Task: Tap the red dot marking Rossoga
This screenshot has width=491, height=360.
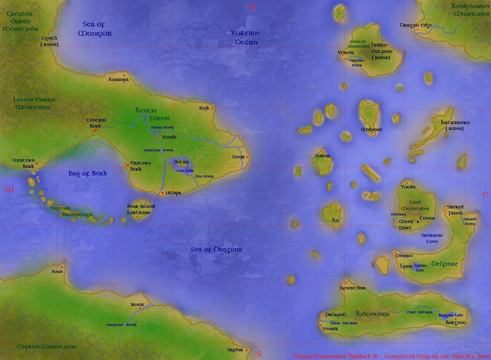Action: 124,75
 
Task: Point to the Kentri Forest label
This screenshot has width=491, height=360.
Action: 153,114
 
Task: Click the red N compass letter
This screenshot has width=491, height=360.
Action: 252,7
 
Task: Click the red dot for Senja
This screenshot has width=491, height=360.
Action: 247,157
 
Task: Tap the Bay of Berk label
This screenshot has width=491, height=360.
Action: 88,173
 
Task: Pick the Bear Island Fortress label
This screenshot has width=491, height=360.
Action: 141,210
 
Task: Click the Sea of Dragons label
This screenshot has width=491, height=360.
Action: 216,250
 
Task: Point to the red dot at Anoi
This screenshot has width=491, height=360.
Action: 61,266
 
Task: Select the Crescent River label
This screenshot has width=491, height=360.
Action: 121,325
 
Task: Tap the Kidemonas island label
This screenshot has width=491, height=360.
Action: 372,313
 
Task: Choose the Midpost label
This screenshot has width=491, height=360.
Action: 372,129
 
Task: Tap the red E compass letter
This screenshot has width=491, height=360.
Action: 484,194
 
